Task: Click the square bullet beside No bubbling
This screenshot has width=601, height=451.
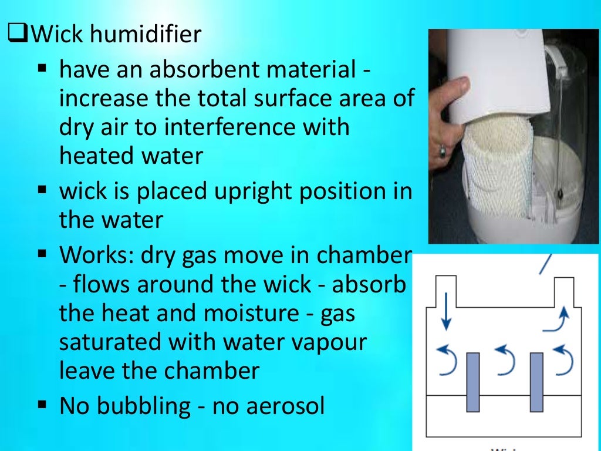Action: (x=42, y=404)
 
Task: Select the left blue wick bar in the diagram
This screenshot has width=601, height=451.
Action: (x=473, y=382)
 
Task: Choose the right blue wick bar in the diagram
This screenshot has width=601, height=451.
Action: (x=536, y=382)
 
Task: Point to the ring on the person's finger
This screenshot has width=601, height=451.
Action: (x=442, y=151)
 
